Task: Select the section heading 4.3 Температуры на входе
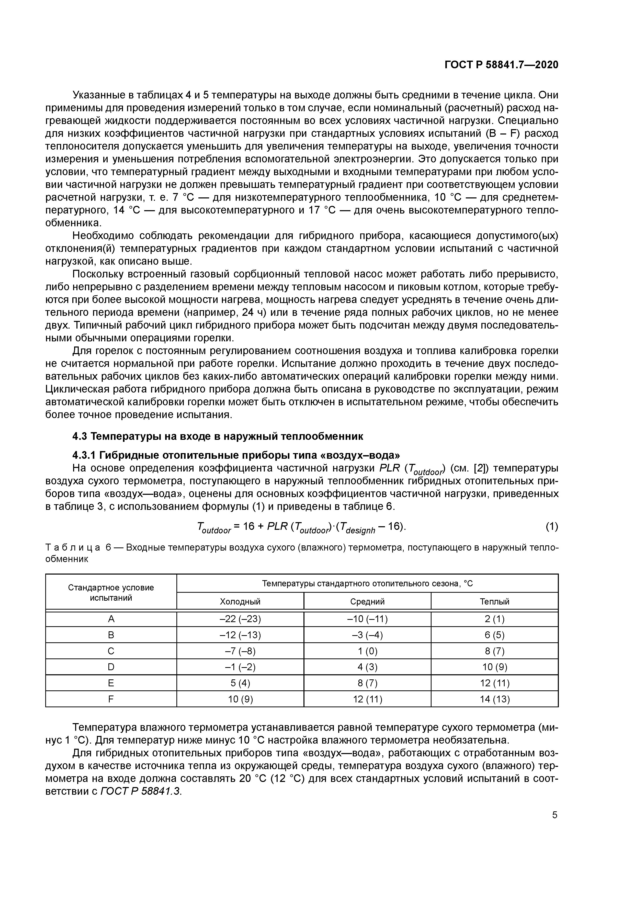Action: (x=218, y=436)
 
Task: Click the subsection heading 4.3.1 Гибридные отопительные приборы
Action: (x=236, y=455)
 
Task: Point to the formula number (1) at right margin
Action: (x=552, y=527)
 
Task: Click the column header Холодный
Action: (x=240, y=602)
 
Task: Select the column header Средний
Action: (x=367, y=602)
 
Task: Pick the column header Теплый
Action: (x=494, y=602)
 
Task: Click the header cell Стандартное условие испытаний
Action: (x=111, y=593)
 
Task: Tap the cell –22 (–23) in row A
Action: (x=240, y=619)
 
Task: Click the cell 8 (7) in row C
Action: (x=494, y=651)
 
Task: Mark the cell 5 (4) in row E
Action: (x=240, y=683)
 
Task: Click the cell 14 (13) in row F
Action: (x=494, y=699)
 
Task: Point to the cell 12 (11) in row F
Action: (x=367, y=699)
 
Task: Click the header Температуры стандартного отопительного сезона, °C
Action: (x=367, y=584)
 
